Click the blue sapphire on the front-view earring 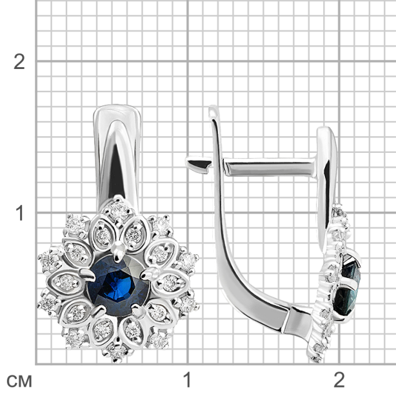click(118, 284)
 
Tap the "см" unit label click(19, 381)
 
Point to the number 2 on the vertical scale click(19, 62)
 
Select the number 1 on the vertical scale click(20, 213)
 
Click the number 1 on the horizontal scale click(187, 380)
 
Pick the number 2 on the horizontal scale click(339, 380)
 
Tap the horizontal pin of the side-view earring click(269, 167)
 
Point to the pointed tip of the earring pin click(188, 160)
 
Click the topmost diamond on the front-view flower click(119, 210)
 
